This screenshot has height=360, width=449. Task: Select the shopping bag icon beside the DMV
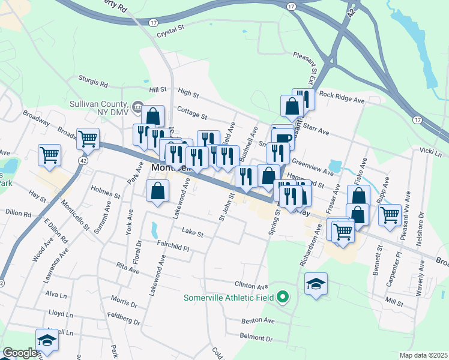pos(153,115)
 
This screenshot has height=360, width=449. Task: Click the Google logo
pos(19,353)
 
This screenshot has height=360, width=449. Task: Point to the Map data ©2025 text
pos(423,355)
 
